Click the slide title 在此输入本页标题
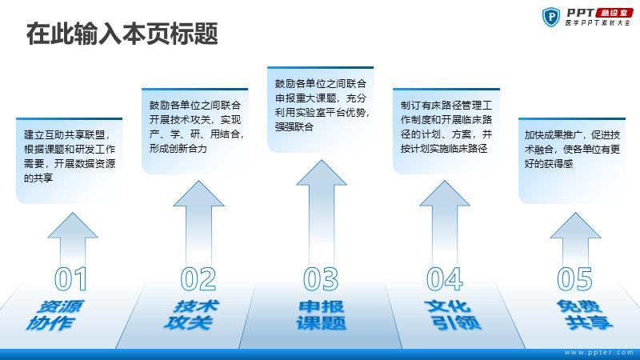coord(122,34)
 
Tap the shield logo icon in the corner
coord(552,17)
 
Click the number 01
coord(70,278)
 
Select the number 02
coord(198,278)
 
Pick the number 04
coord(444,278)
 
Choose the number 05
coord(574,278)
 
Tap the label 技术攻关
coord(191,315)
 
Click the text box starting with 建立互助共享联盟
coord(69,156)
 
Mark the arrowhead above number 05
coord(574,226)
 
